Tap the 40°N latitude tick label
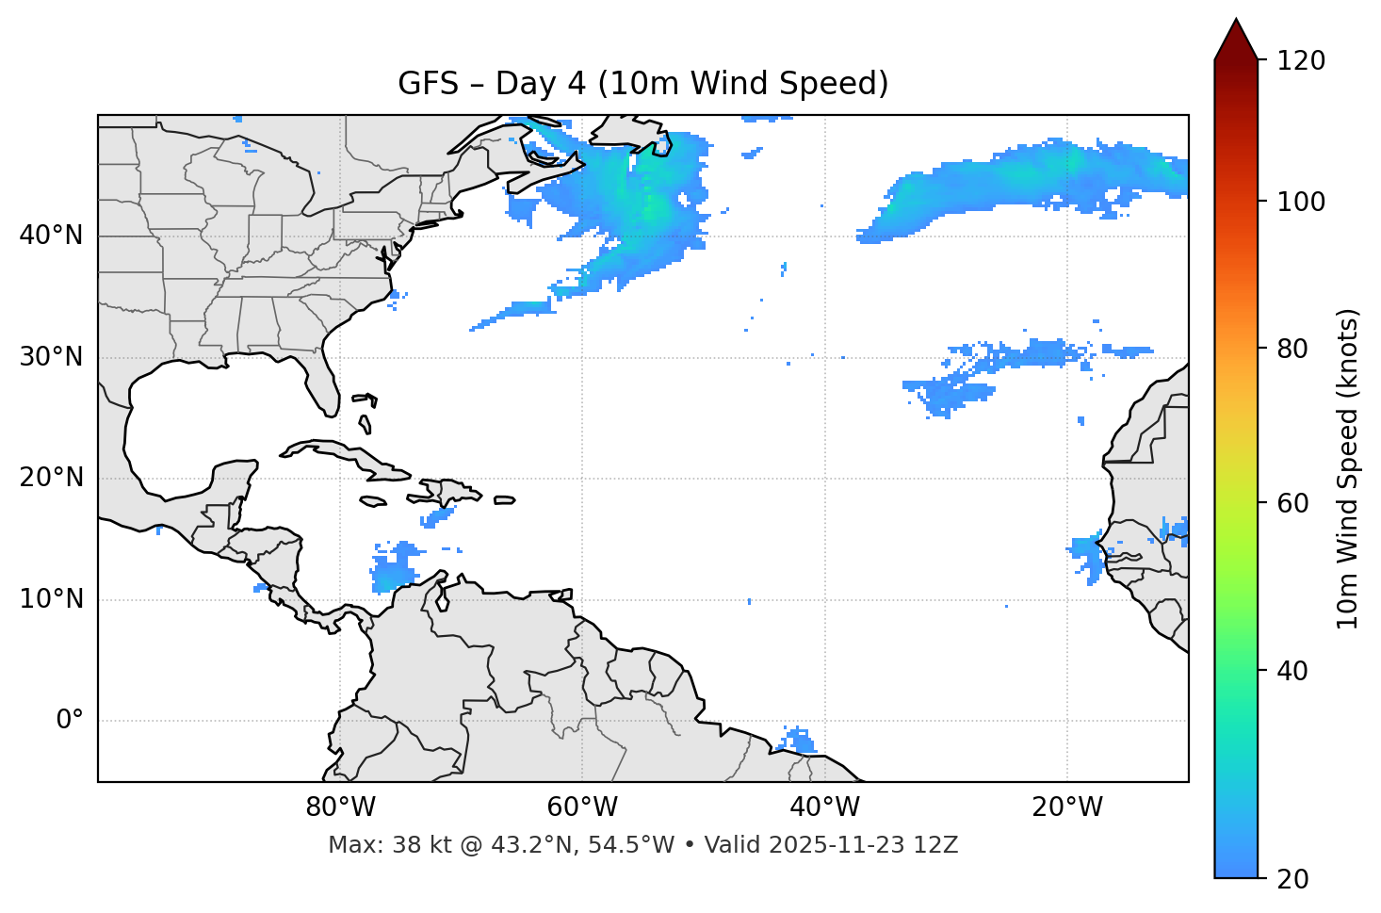click(x=51, y=236)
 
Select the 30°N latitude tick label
click(x=51, y=357)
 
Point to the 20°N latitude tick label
click(x=51, y=478)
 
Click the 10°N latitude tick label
click(x=51, y=599)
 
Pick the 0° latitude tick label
click(x=70, y=721)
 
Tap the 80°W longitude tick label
click(x=340, y=807)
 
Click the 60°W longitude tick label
click(x=582, y=807)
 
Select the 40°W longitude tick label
click(x=825, y=807)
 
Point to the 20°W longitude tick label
click(x=1067, y=807)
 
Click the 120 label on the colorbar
click(x=1301, y=61)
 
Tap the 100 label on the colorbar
click(x=1301, y=202)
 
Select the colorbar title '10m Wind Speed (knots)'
click(x=1348, y=468)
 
